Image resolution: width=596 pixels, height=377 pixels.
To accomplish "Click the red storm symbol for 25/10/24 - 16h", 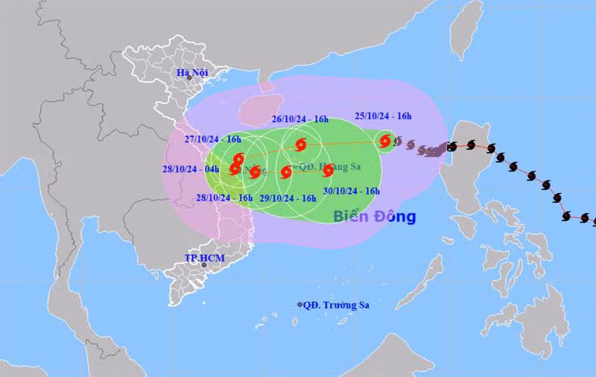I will (x=385, y=140).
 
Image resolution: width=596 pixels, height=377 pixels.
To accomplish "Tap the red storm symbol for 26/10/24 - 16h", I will (x=300, y=145).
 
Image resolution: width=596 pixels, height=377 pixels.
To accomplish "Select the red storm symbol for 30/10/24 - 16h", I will (x=328, y=170).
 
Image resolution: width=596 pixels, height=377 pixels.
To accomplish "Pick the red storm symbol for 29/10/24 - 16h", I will (x=286, y=173).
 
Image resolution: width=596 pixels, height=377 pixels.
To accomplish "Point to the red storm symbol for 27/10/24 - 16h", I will (x=238, y=159).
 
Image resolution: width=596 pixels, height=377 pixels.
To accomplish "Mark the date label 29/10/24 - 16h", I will (x=288, y=198).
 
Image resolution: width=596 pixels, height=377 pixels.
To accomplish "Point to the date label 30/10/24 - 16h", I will (x=352, y=191).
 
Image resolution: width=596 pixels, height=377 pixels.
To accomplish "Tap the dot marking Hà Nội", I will (x=189, y=78).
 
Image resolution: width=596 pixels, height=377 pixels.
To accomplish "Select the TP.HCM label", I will (x=204, y=258).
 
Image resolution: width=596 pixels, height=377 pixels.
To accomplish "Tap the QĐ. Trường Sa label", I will (x=337, y=305).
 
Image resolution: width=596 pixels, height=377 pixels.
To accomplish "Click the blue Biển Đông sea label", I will (x=374, y=217).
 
